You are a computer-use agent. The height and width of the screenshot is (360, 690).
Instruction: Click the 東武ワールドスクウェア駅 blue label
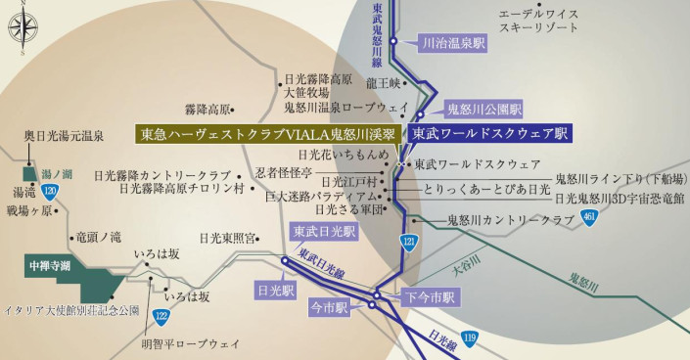[x=488, y=133]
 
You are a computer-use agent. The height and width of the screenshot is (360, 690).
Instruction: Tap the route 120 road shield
[x=50, y=189]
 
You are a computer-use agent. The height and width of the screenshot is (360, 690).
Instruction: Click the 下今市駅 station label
[x=428, y=295]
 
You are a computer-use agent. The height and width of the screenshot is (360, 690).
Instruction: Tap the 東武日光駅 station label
[x=325, y=232]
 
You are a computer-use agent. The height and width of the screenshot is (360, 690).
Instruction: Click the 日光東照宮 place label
[x=228, y=238]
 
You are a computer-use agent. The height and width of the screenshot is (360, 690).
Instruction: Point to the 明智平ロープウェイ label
[x=190, y=343]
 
